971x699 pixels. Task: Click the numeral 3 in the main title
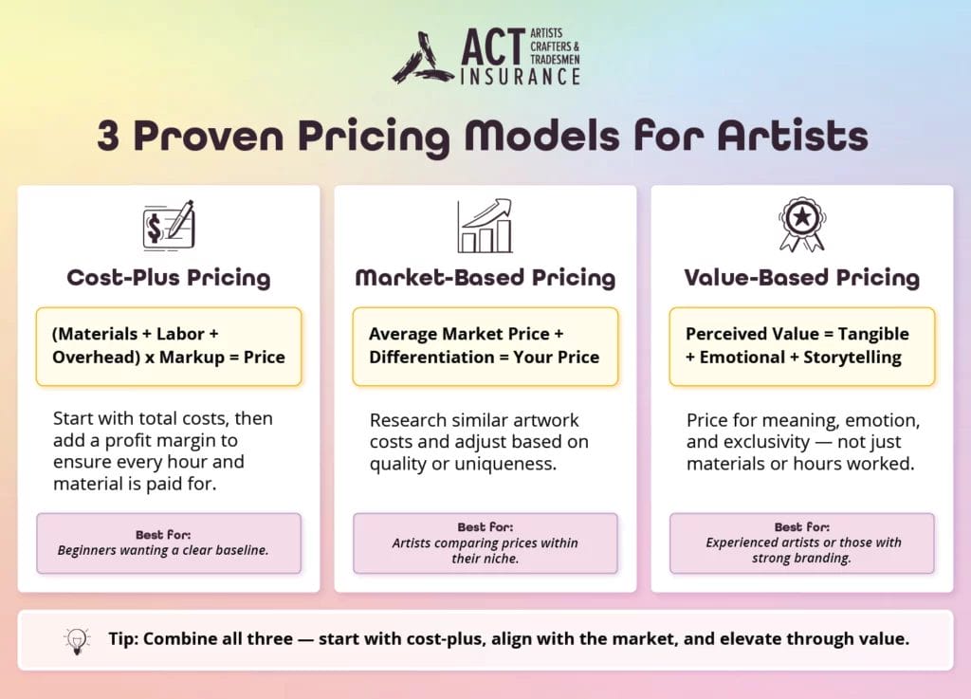click(109, 137)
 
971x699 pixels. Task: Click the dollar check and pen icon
click(168, 226)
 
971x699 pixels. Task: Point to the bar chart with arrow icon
click(485, 226)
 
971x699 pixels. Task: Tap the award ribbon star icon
click(801, 225)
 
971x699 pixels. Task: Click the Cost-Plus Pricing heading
click(169, 278)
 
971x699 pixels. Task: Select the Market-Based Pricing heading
click(485, 278)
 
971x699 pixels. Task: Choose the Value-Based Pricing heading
click(801, 278)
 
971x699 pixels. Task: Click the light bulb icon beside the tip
click(75, 640)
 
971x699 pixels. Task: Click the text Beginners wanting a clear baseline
click(163, 549)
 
